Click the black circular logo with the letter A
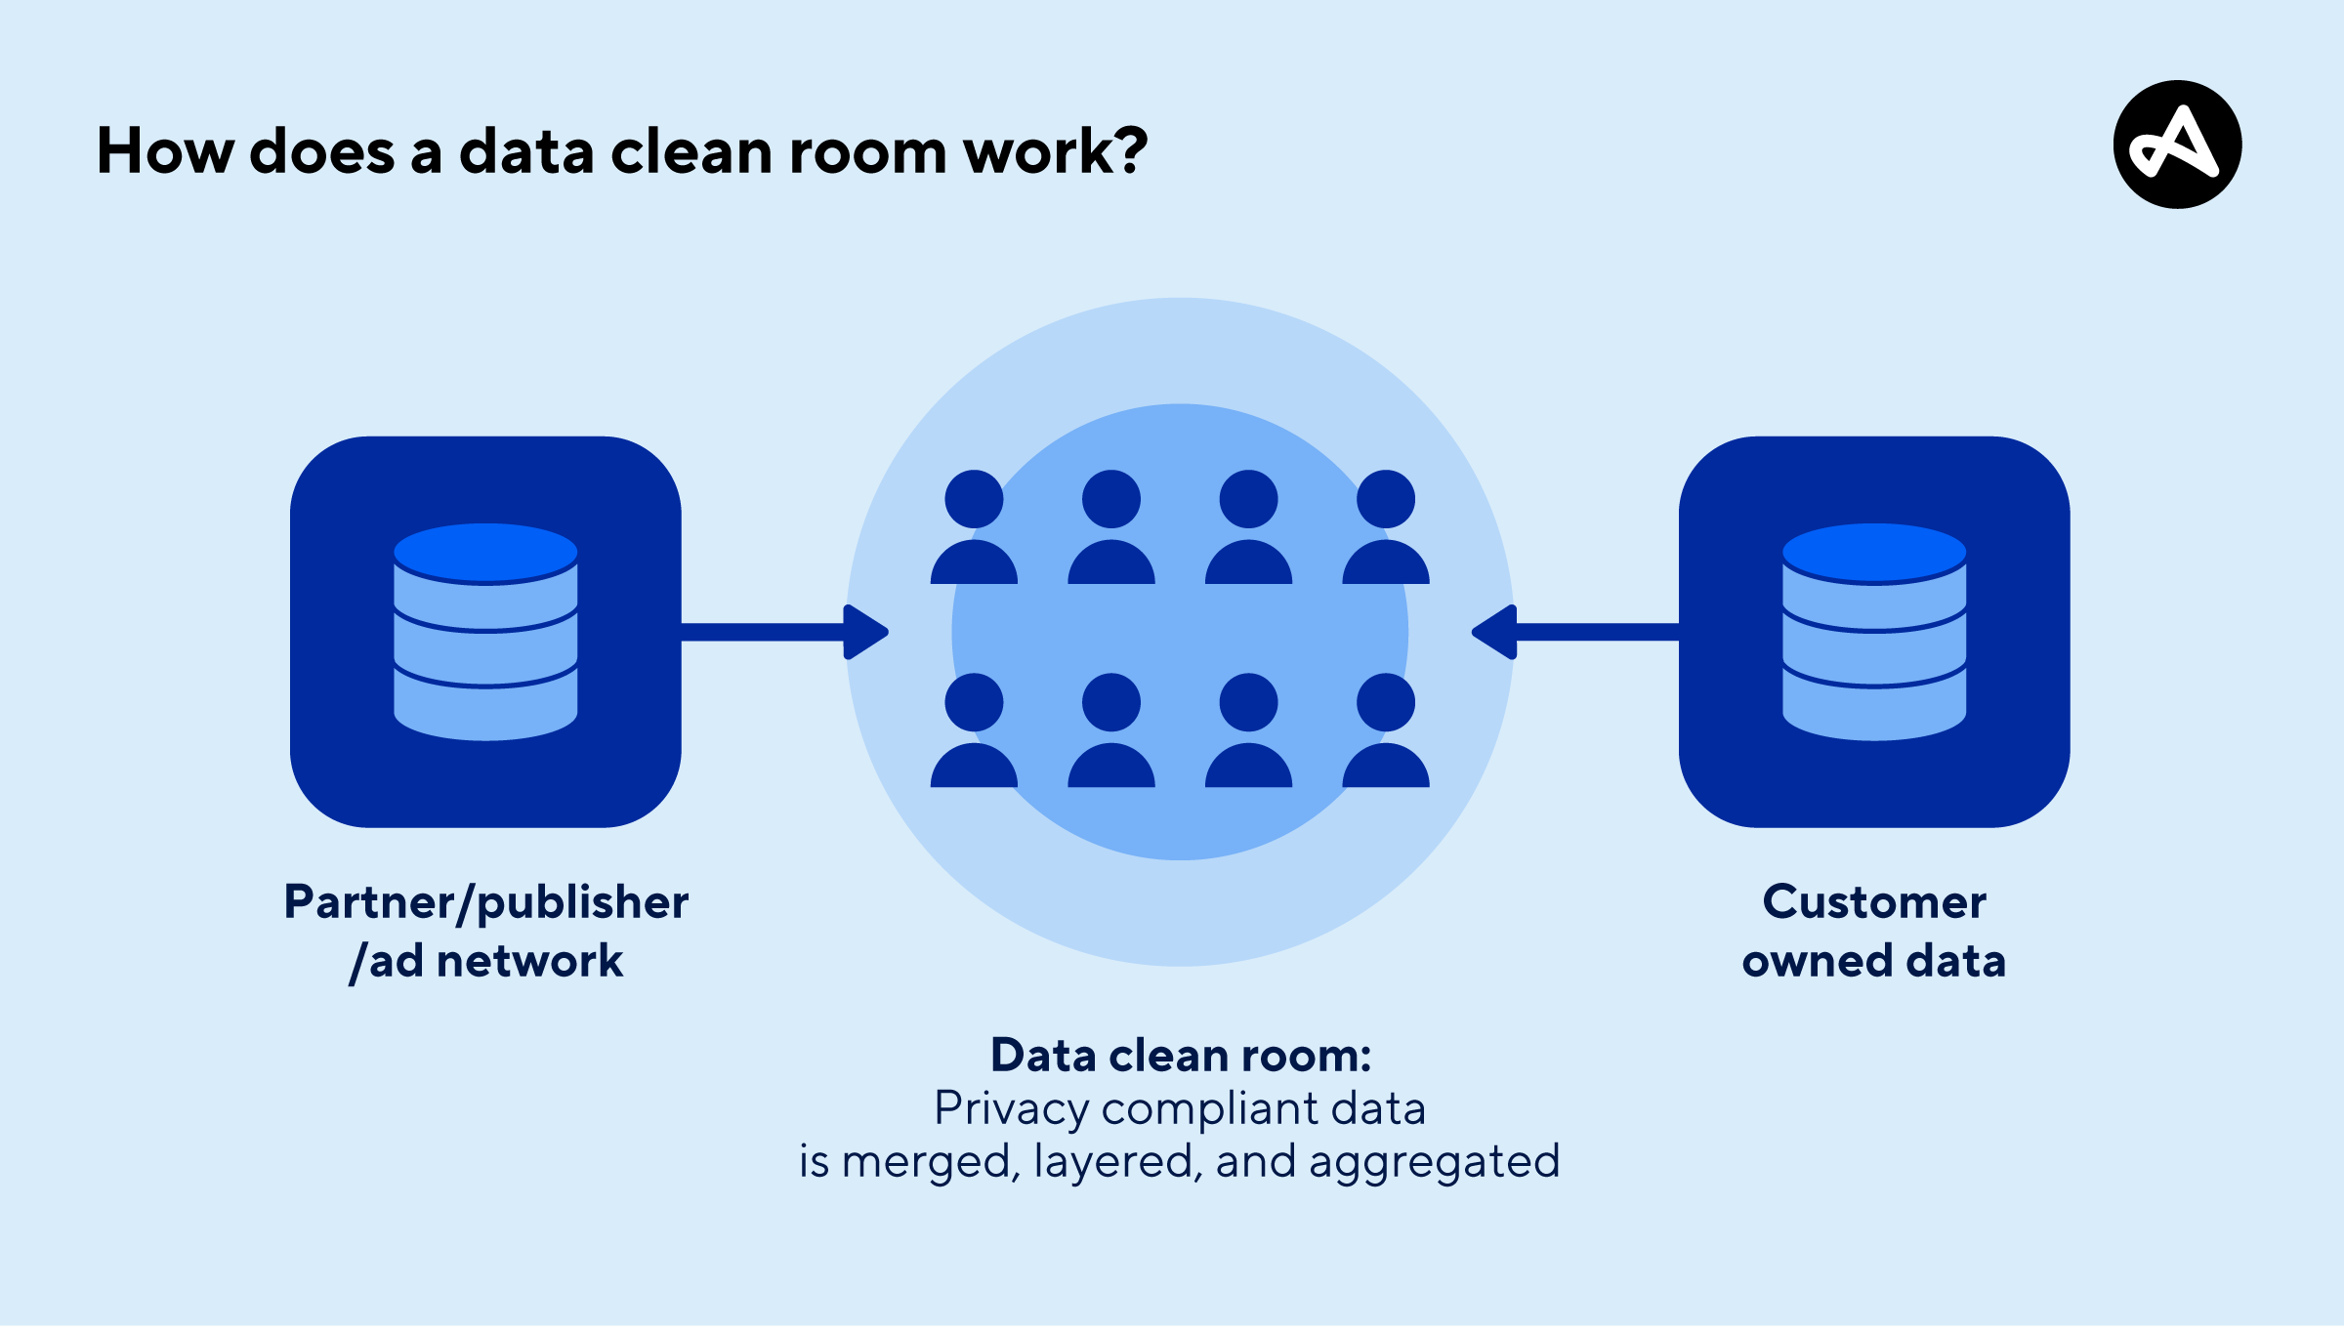(2177, 145)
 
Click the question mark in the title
(1132, 151)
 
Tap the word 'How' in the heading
(165, 151)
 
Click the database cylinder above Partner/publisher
(485, 632)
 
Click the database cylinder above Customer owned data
(1873, 632)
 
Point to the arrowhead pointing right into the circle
(865, 632)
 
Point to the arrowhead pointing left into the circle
(1494, 632)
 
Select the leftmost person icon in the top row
(974, 527)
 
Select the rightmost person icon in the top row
(1386, 527)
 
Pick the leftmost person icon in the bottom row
(974, 730)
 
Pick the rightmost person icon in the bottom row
(1386, 730)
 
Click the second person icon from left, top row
(1111, 527)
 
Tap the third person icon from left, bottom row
(1248, 730)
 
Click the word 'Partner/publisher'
(485, 902)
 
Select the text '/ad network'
(485, 961)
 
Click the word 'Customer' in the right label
(1873, 902)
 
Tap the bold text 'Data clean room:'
(1180, 1056)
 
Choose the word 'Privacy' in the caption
(1011, 1109)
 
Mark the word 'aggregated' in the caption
(1433, 1162)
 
